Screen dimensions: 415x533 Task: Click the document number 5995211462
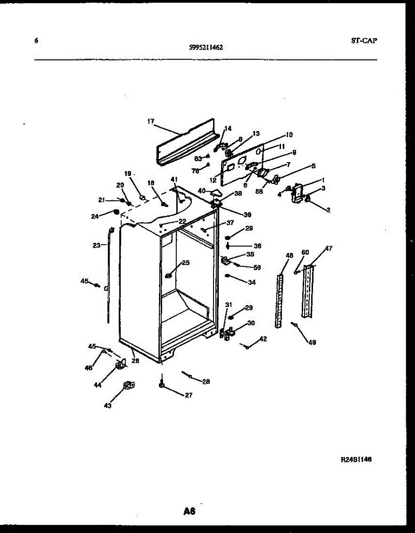(x=206, y=46)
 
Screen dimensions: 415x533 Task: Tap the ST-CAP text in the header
(x=364, y=41)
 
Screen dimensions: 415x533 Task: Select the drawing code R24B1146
(x=356, y=460)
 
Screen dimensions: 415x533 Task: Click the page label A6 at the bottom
(x=190, y=511)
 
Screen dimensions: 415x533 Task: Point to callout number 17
(x=150, y=121)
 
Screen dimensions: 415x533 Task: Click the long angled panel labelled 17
(x=186, y=142)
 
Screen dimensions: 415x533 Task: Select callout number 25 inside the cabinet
(x=186, y=263)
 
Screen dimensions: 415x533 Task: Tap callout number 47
(x=328, y=248)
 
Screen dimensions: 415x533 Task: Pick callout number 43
(x=108, y=405)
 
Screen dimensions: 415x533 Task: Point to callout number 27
(x=189, y=395)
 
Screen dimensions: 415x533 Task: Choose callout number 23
(x=97, y=245)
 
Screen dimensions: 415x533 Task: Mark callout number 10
(x=289, y=135)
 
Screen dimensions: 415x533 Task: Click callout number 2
(x=328, y=210)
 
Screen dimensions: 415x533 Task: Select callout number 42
(x=263, y=339)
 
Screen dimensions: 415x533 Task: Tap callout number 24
(x=95, y=217)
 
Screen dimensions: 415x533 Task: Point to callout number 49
(x=312, y=342)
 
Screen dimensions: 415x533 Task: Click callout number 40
(x=202, y=191)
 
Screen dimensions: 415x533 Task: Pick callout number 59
(x=257, y=267)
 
